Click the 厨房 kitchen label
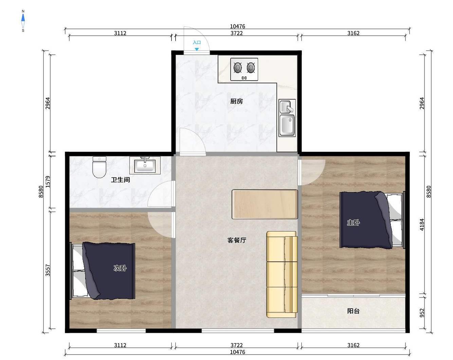coord(236,101)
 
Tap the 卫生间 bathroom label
coord(121,180)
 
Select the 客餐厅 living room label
coord(237,240)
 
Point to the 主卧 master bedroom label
coord(353,222)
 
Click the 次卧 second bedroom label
coord(120,268)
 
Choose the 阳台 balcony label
coord(353,311)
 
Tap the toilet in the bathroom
coord(99,167)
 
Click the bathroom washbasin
coord(145,166)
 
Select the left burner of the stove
coord(238,68)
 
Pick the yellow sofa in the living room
coord(282,274)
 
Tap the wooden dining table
coord(265,204)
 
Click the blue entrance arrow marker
coord(197,49)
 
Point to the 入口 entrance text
coord(197,42)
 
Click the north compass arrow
coord(23,18)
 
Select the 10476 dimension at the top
coord(237,27)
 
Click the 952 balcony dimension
coord(422,313)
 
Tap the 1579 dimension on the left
coord(48,182)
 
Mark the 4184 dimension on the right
coord(422,225)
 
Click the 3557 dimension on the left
coord(48,270)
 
